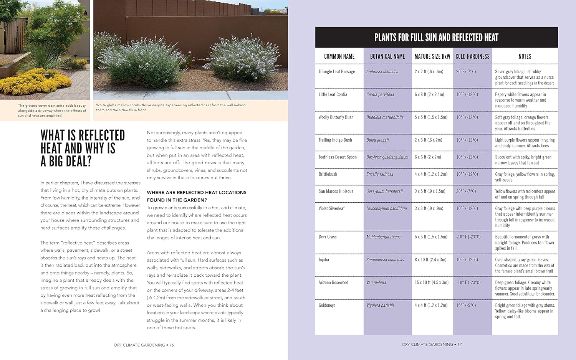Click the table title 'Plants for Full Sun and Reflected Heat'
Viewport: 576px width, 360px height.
pyautogui.click(x=436, y=37)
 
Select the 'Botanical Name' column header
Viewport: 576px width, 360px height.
pyautogui.click(x=387, y=56)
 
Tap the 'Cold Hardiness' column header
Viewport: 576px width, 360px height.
pyautogui.click(x=472, y=56)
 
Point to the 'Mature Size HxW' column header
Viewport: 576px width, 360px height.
pyautogui.click(x=432, y=56)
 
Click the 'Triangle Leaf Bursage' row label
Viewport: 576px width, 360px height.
pyautogui.click(x=336, y=72)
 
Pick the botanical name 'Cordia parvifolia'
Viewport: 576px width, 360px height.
pyautogui.click(x=380, y=94)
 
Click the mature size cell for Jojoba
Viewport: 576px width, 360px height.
pyautogui.click(x=430, y=260)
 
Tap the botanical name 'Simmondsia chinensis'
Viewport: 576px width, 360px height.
pyautogui.click(x=385, y=260)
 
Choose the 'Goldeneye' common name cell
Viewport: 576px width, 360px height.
pyautogui.click(x=327, y=306)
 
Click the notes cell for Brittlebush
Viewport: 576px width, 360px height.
pyautogui.click(x=524, y=177)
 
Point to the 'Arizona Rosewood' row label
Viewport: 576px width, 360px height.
pyautogui.click(x=333, y=282)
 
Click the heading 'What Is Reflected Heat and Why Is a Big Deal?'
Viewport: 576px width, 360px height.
pyautogui.click(x=83, y=148)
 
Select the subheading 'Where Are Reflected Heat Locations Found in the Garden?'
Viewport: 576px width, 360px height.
pyautogui.click(x=196, y=196)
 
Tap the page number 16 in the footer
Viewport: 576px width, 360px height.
pyautogui.click(x=172, y=345)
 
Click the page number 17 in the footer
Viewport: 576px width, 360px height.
pyautogui.click(x=460, y=345)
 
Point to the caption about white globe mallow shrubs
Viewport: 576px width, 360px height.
pyautogui.click(x=170, y=107)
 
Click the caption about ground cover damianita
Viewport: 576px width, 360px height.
pyautogui.click(x=52, y=110)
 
